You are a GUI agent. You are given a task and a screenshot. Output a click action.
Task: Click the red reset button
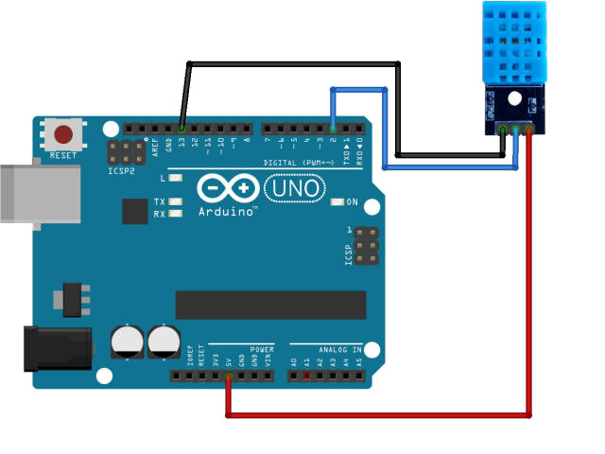[x=64, y=133]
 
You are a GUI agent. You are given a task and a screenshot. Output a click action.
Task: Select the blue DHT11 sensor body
[x=512, y=43]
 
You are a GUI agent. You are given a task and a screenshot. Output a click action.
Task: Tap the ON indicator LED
[x=337, y=202]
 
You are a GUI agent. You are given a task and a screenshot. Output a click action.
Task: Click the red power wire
[x=378, y=414]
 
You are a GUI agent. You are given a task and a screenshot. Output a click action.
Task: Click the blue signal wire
[x=449, y=167]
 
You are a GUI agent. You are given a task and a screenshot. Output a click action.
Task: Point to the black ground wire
[x=293, y=64]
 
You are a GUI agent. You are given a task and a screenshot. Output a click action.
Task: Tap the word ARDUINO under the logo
[x=227, y=212]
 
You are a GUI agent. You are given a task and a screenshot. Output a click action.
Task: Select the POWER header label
[x=261, y=349]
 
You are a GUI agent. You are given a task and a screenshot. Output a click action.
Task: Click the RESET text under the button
[x=63, y=154]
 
